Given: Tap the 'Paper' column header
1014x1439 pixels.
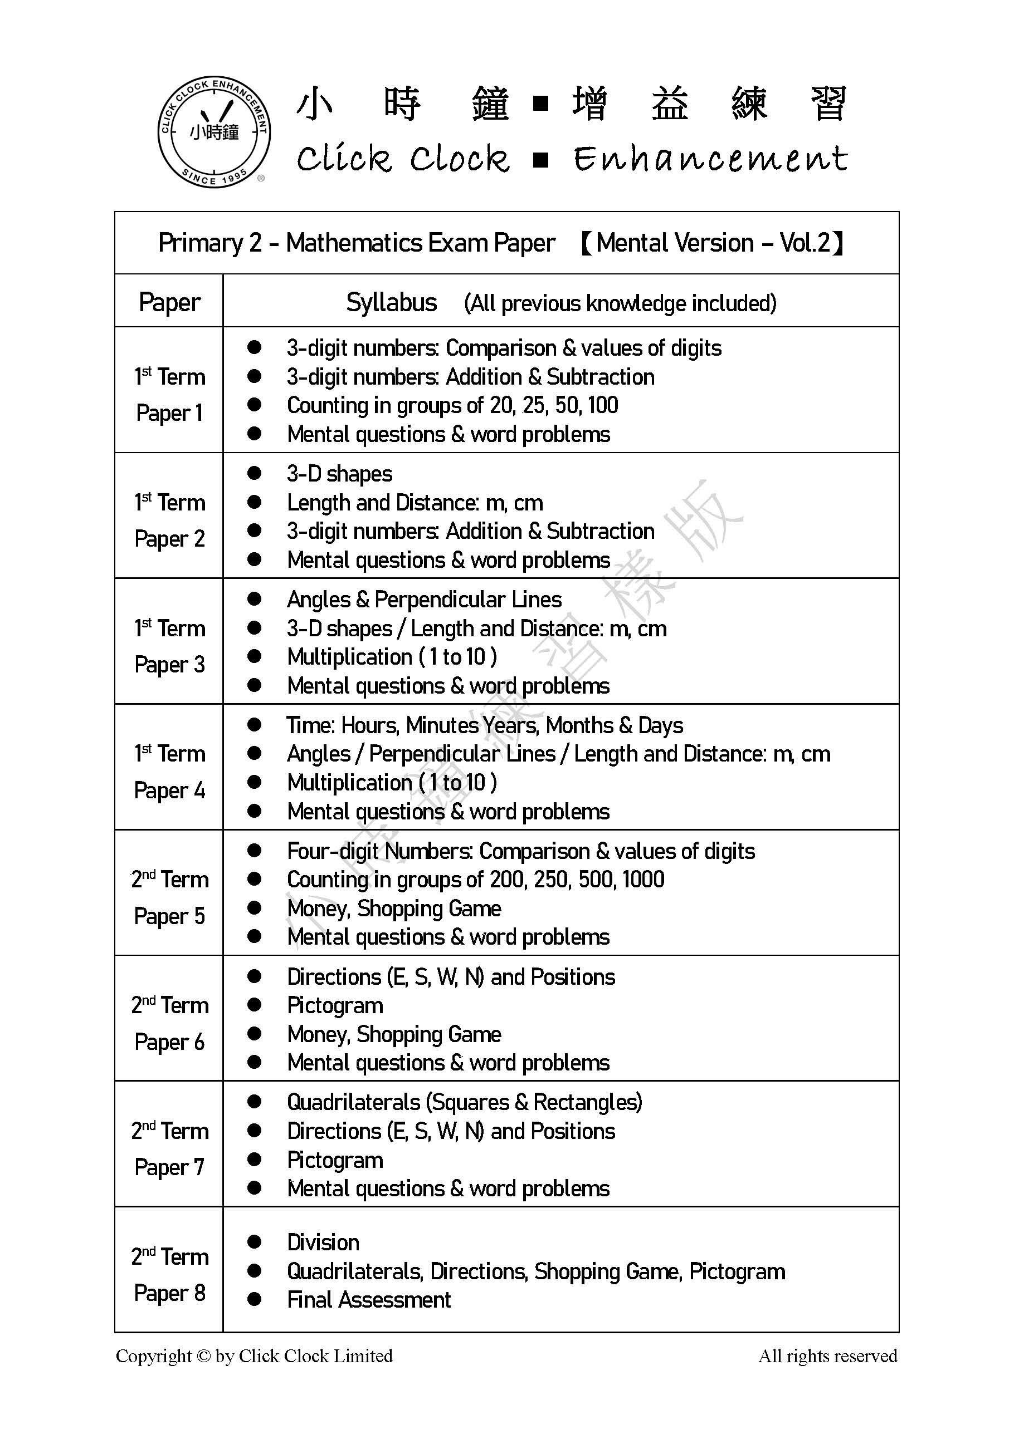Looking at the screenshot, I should [x=169, y=302].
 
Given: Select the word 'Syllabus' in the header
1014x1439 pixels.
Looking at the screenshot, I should [x=391, y=303].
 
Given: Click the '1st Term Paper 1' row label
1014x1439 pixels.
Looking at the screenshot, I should [x=169, y=394].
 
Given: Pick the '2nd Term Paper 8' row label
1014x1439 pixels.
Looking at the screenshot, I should [x=169, y=1275].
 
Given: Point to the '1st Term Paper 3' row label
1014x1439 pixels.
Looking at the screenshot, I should [x=169, y=646].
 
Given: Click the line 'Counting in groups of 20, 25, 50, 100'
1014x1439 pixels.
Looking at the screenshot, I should [x=452, y=405].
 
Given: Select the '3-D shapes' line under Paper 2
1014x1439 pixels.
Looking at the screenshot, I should [x=339, y=474].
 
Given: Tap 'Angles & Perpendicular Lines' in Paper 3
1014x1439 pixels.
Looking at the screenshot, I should [x=424, y=600].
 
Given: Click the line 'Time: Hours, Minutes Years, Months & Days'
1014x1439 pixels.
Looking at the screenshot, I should [x=484, y=725].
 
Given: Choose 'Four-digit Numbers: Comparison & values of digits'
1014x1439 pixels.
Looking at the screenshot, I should [x=520, y=851].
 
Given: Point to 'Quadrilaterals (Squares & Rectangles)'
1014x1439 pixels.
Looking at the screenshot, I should [x=464, y=1102].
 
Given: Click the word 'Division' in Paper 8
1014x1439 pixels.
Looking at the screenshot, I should [x=323, y=1242].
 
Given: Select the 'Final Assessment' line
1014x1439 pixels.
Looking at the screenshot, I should [x=369, y=1300].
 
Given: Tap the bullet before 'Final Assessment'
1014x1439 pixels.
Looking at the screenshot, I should [x=254, y=1300].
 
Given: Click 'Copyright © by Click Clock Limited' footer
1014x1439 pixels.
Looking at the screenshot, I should [x=254, y=1355].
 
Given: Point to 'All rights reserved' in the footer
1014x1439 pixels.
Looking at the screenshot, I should [x=828, y=1355].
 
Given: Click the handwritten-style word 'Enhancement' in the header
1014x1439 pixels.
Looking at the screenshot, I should [x=710, y=158].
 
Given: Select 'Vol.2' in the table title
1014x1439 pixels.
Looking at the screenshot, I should [x=805, y=243].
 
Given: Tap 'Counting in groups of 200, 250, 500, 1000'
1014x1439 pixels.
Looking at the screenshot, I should [x=475, y=880].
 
